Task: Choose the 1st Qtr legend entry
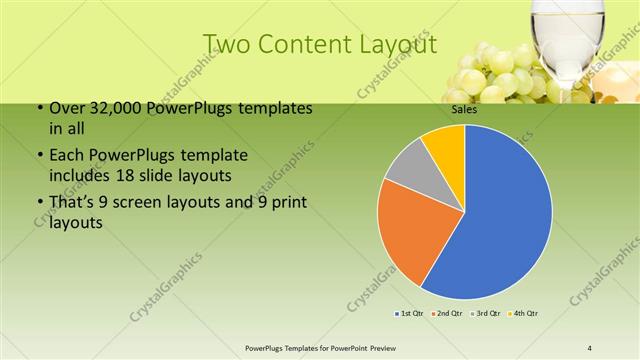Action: coord(410,314)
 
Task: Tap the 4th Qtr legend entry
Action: coord(526,314)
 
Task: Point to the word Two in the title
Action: coord(228,45)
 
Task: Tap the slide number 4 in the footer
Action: coord(590,347)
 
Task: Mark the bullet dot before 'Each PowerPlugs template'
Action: coord(39,156)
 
